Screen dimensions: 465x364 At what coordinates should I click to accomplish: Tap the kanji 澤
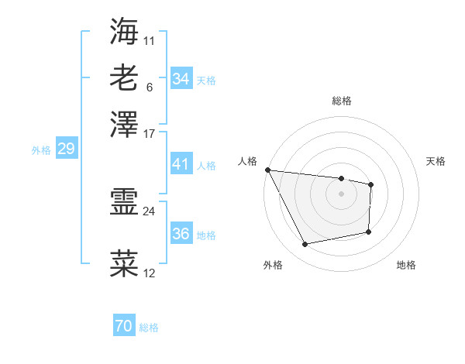pyautogui.click(x=124, y=124)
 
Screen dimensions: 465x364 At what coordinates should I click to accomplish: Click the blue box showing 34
pyautogui.click(x=181, y=79)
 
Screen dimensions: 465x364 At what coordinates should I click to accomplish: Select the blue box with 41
pyautogui.click(x=181, y=164)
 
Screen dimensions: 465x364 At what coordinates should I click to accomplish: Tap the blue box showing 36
pyautogui.click(x=181, y=234)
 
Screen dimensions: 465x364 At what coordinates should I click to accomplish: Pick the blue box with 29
pyautogui.click(x=66, y=149)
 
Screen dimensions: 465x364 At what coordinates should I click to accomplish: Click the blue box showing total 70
pyautogui.click(x=124, y=327)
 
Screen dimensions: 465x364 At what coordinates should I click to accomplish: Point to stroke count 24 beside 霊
pyautogui.click(x=150, y=211)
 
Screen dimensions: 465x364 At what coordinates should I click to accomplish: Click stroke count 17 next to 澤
pyautogui.click(x=150, y=132)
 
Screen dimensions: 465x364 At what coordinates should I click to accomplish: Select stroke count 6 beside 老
pyautogui.click(x=149, y=86)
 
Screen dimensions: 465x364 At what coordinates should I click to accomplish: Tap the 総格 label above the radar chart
pyautogui.click(x=341, y=101)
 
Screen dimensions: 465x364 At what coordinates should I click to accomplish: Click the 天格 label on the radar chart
pyautogui.click(x=436, y=161)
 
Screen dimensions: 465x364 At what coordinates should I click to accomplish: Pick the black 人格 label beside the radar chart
pyautogui.click(x=247, y=161)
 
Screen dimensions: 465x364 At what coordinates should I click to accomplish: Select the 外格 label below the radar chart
pyautogui.click(x=273, y=266)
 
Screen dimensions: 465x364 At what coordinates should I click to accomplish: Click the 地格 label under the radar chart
pyautogui.click(x=406, y=266)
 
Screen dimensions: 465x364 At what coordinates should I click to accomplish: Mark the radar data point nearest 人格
pyautogui.click(x=267, y=170)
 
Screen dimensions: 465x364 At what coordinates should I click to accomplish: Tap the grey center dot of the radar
pyautogui.click(x=341, y=194)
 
